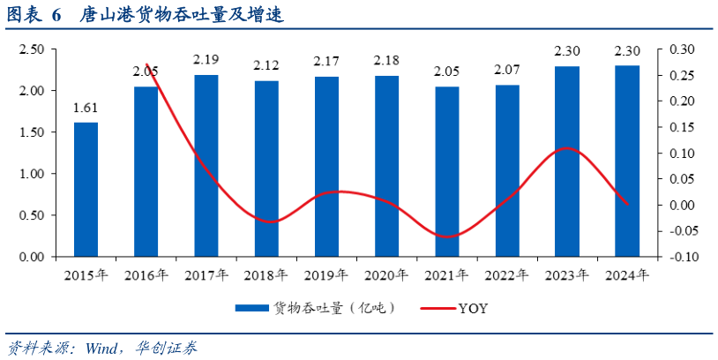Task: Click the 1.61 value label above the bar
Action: pos(86,109)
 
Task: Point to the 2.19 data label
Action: pos(206,60)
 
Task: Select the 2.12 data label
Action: pos(266,66)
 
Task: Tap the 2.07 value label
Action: pos(507,70)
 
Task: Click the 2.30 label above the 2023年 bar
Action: pos(567,50)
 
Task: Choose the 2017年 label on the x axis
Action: pos(206,275)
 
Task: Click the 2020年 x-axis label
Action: pos(386,275)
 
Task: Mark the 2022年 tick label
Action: pos(507,275)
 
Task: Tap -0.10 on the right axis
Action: pos(682,258)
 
